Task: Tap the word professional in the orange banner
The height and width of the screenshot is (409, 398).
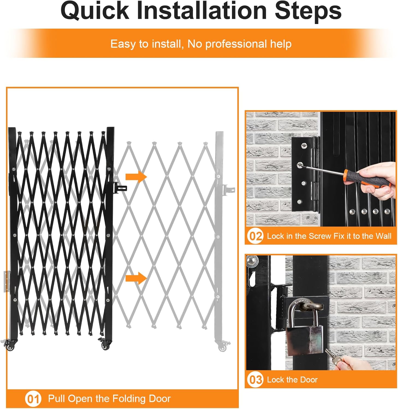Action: click(236, 44)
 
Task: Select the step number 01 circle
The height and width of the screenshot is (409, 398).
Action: click(33, 399)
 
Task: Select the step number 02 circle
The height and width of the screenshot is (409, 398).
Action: click(255, 236)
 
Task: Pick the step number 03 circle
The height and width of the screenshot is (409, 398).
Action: click(255, 380)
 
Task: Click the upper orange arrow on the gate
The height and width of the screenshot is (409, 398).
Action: click(136, 177)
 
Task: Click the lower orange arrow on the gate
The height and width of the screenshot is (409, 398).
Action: click(136, 278)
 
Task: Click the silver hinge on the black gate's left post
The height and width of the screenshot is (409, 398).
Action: click(6, 281)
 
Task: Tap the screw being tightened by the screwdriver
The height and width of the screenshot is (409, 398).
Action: click(300, 165)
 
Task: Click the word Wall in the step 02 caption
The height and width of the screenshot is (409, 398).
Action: click(383, 236)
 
